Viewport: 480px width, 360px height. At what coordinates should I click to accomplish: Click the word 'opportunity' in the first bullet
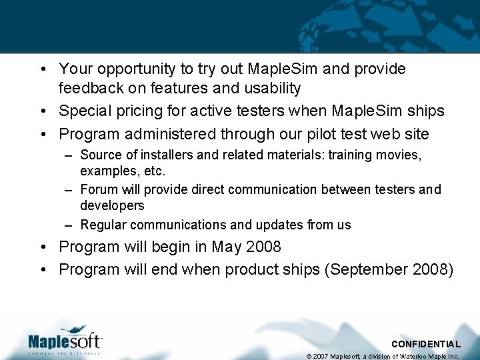129,69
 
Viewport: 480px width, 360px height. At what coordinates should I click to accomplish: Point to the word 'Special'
83,111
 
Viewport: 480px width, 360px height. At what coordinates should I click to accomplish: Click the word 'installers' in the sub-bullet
151,155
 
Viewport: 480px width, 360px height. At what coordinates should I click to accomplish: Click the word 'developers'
112,205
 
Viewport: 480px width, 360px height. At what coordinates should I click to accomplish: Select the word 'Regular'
103,225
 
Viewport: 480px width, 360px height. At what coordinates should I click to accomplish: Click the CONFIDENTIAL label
425,344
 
